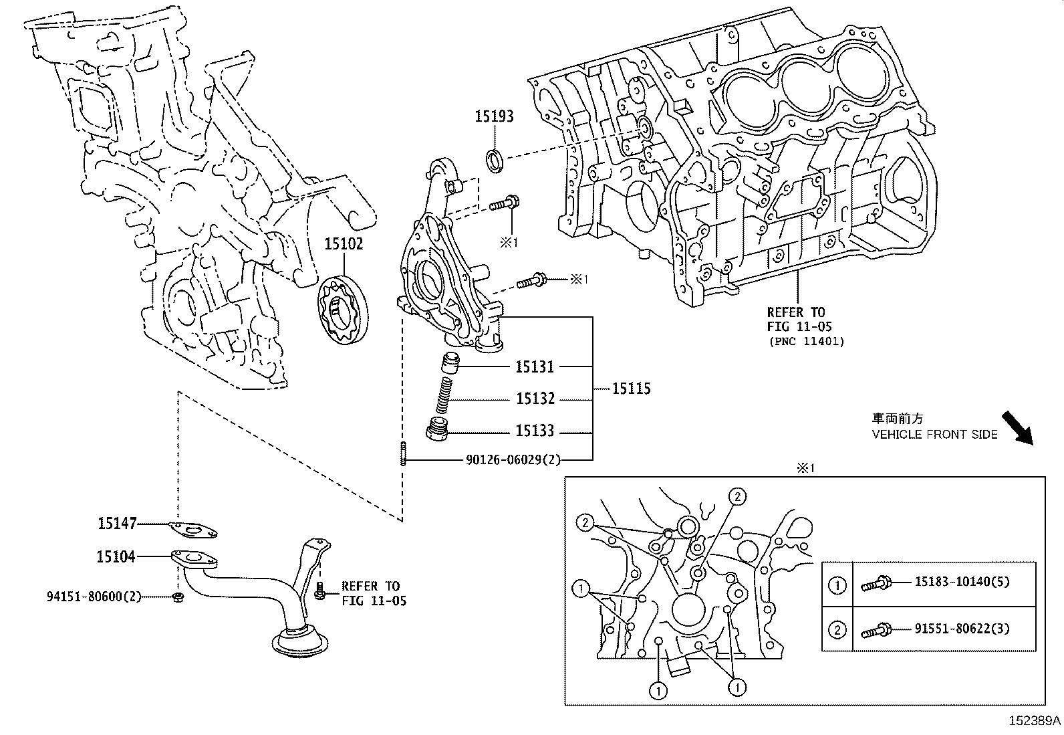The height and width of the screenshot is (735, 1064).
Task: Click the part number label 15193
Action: pos(494,116)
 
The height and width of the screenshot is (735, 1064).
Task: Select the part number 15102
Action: pos(344,244)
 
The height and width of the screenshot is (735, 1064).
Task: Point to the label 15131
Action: pos(535,366)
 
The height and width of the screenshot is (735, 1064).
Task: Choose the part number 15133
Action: pos(535,431)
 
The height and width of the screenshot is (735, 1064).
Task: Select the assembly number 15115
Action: pos(631,389)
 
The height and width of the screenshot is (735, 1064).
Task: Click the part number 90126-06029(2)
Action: pos(513,460)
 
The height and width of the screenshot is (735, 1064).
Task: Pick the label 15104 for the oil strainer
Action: pos(116,556)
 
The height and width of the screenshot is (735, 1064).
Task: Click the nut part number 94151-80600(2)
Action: pos(94,596)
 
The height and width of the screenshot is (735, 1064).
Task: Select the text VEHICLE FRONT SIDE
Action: pos(934,435)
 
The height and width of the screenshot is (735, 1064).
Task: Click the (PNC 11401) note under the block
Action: pos(805,342)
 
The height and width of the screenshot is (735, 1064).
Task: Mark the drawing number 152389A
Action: pos(1035,721)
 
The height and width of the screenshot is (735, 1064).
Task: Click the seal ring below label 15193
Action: pos(495,161)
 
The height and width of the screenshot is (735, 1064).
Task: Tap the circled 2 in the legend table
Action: pos(837,629)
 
